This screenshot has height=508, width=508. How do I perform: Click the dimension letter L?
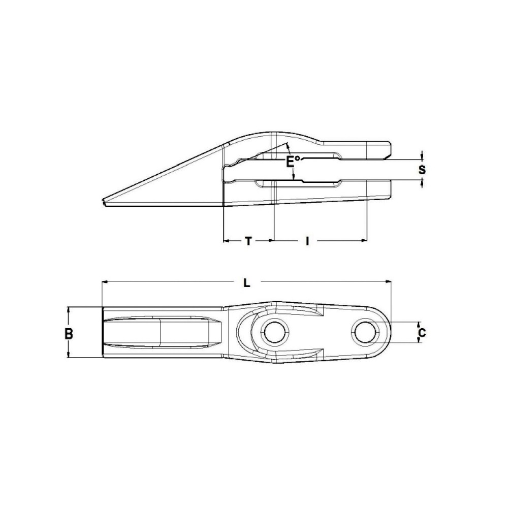246,283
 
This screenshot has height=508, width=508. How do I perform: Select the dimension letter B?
69,334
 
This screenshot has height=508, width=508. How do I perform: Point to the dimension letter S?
422,170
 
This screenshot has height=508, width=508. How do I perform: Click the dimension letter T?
248,241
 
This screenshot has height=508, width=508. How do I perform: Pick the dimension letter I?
307,241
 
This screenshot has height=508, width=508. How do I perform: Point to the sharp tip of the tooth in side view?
104,203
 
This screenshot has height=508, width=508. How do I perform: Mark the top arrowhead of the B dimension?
69,309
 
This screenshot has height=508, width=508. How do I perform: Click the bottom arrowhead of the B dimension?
69,357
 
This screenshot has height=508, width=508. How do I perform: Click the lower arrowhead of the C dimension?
419,341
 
